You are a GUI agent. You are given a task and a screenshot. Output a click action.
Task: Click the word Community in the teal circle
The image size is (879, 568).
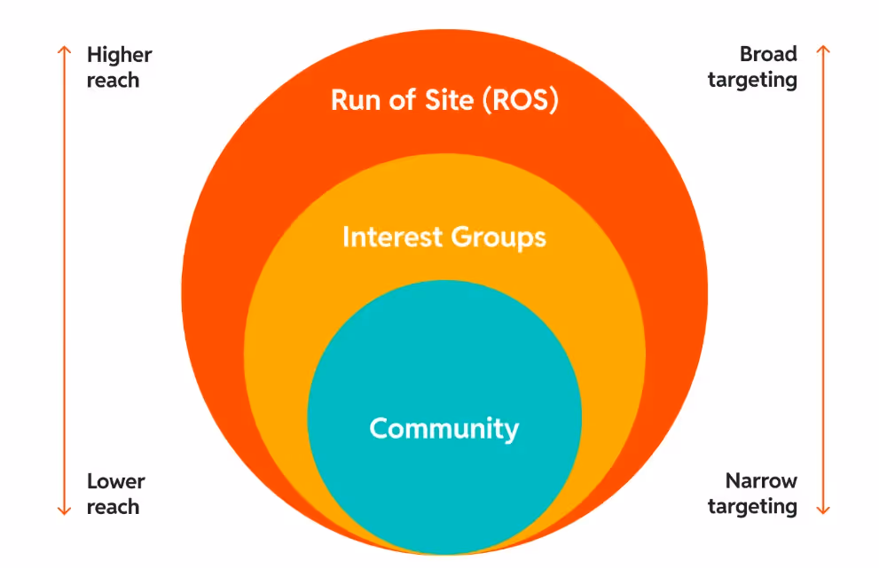(443, 429)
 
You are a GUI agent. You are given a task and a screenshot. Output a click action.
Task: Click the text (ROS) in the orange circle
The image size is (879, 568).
(521, 100)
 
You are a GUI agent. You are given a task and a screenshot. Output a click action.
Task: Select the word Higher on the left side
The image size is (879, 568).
(119, 55)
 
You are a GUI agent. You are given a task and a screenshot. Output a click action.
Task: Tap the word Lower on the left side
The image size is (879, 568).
(115, 482)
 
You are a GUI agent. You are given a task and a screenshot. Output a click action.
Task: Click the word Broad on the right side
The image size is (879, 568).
(768, 55)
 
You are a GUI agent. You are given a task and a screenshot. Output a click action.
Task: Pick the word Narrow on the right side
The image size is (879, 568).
(761, 482)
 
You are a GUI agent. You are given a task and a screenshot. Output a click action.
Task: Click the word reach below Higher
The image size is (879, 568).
(113, 81)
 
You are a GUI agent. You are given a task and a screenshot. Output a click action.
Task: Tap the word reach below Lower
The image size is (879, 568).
(113, 508)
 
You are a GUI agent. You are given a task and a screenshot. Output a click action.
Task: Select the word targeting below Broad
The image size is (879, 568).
(752, 81)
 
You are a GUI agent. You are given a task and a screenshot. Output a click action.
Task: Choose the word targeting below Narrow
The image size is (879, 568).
(752, 508)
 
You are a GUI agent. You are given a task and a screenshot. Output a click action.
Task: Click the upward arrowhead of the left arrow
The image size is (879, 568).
(64, 51)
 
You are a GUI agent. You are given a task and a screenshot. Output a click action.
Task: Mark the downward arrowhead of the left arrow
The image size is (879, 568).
(64, 510)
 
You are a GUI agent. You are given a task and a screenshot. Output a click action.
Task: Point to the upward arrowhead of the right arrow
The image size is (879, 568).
(823, 51)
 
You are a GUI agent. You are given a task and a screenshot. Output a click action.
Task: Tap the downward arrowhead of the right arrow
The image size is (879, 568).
(823, 510)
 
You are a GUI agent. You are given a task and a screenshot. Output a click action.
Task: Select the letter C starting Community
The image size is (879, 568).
(379, 429)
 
